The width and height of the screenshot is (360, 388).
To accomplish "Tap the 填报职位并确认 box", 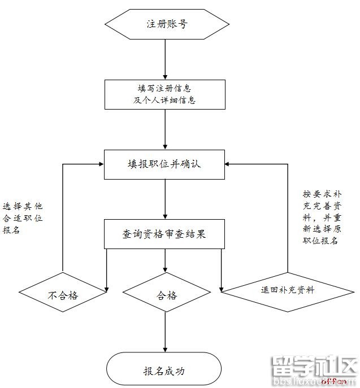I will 164,164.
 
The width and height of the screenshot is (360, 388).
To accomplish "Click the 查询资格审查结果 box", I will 164,233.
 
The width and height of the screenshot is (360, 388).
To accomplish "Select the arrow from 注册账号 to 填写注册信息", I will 165,59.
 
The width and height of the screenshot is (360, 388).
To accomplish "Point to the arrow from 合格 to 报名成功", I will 165,333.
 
